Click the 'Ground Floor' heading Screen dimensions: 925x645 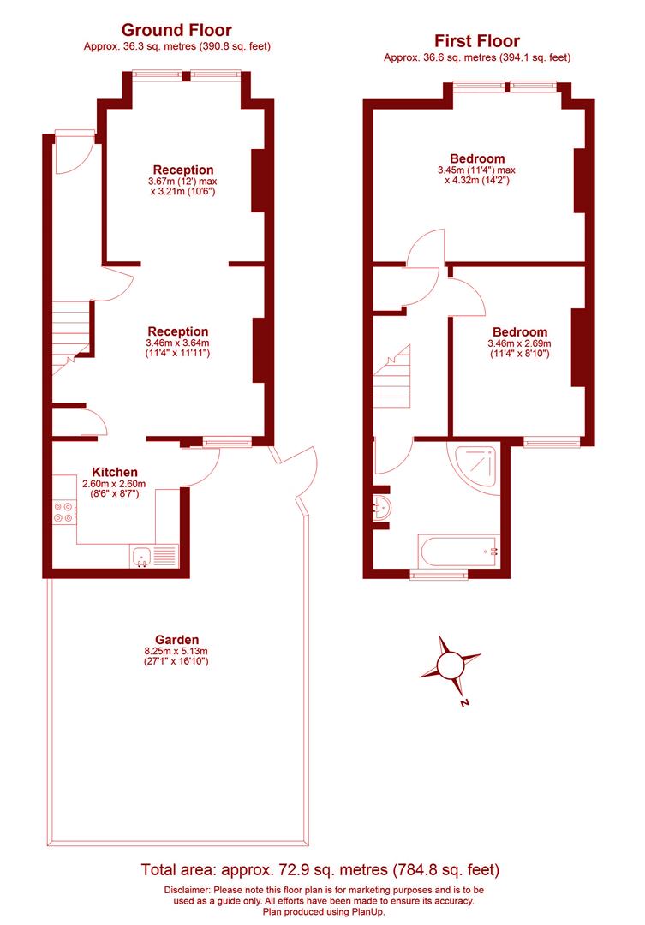pyautogui.click(x=176, y=31)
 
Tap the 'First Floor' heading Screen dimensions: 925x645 pyautogui.click(x=477, y=40)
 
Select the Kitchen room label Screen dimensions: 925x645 pyautogui.click(x=115, y=472)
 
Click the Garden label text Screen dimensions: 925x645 pyautogui.click(x=176, y=640)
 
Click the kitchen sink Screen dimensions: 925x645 pyautogui.click(x=142, y=556)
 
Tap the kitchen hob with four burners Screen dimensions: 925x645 pyautogui.click(x=63, y=512)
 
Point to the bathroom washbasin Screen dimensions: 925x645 pyautogui.click(x=381, y=508)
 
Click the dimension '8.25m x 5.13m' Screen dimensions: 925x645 pyautogui.click(x=176, y=651)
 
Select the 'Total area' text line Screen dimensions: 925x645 pyautogui.click(x=320, y=870)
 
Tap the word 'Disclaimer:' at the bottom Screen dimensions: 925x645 pyautogui.click(x=190, y=890)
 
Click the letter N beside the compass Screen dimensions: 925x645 pyautogui.click(x=463, y=704)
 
